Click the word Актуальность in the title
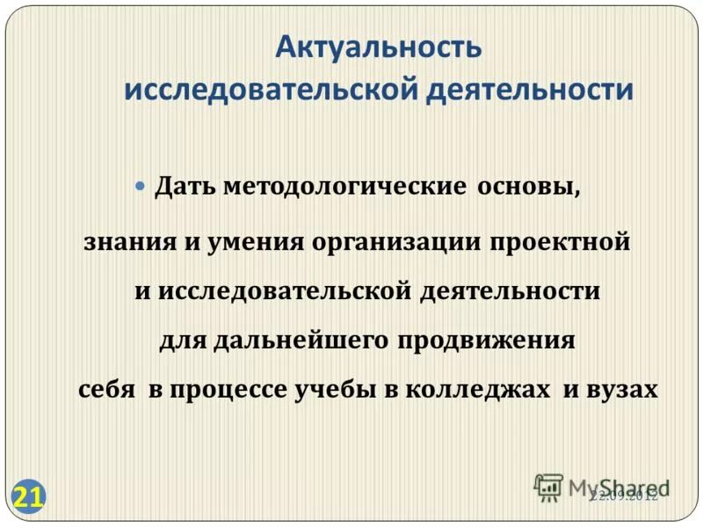(x=378, y=48)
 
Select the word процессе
(x=232, y=390)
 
